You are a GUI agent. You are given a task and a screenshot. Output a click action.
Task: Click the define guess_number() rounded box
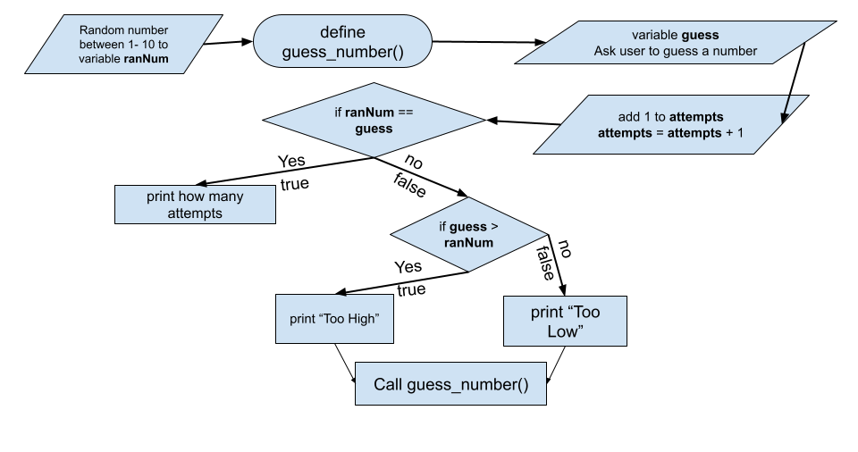pos(342,42)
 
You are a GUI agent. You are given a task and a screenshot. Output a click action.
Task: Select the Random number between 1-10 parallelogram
pos(123,46)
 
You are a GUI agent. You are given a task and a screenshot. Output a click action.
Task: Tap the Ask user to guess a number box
pos(675,44)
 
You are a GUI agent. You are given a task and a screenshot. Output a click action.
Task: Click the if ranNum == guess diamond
pos(374,120)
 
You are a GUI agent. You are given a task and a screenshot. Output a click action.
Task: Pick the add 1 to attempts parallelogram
pos(670,125)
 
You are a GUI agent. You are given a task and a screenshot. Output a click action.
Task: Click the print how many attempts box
pos(195,205)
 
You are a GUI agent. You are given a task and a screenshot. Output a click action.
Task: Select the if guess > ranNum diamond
pos(468,234)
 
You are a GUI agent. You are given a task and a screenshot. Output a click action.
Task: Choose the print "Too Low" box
pos(565,322)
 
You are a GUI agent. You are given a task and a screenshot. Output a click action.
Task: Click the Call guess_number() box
pos(450,385)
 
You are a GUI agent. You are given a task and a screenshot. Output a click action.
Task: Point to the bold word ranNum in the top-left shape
pos(146,60)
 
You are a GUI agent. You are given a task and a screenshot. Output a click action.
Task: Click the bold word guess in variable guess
pos(700,36)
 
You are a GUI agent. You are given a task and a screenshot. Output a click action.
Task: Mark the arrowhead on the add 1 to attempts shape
pos(785,117)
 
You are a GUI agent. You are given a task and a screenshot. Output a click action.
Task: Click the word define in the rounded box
pos(342,33)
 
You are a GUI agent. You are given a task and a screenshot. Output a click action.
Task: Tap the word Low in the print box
pos(565,331)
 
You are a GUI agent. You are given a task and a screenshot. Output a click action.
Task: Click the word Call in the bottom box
pos(388,385)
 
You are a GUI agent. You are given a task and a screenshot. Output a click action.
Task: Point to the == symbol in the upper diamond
pos(405,113)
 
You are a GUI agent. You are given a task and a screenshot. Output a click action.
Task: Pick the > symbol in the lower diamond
pos(494,227)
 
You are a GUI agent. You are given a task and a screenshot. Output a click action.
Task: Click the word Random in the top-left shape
pos(101,31)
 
